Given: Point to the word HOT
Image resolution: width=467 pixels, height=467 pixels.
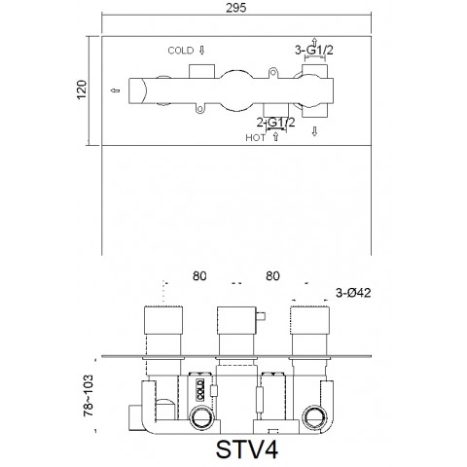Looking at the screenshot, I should pos(256,138).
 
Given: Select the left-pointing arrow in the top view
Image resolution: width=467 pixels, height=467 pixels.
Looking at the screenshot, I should pos(116,93).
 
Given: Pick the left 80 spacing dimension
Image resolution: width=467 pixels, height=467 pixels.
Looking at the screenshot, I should pos(199,276).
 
